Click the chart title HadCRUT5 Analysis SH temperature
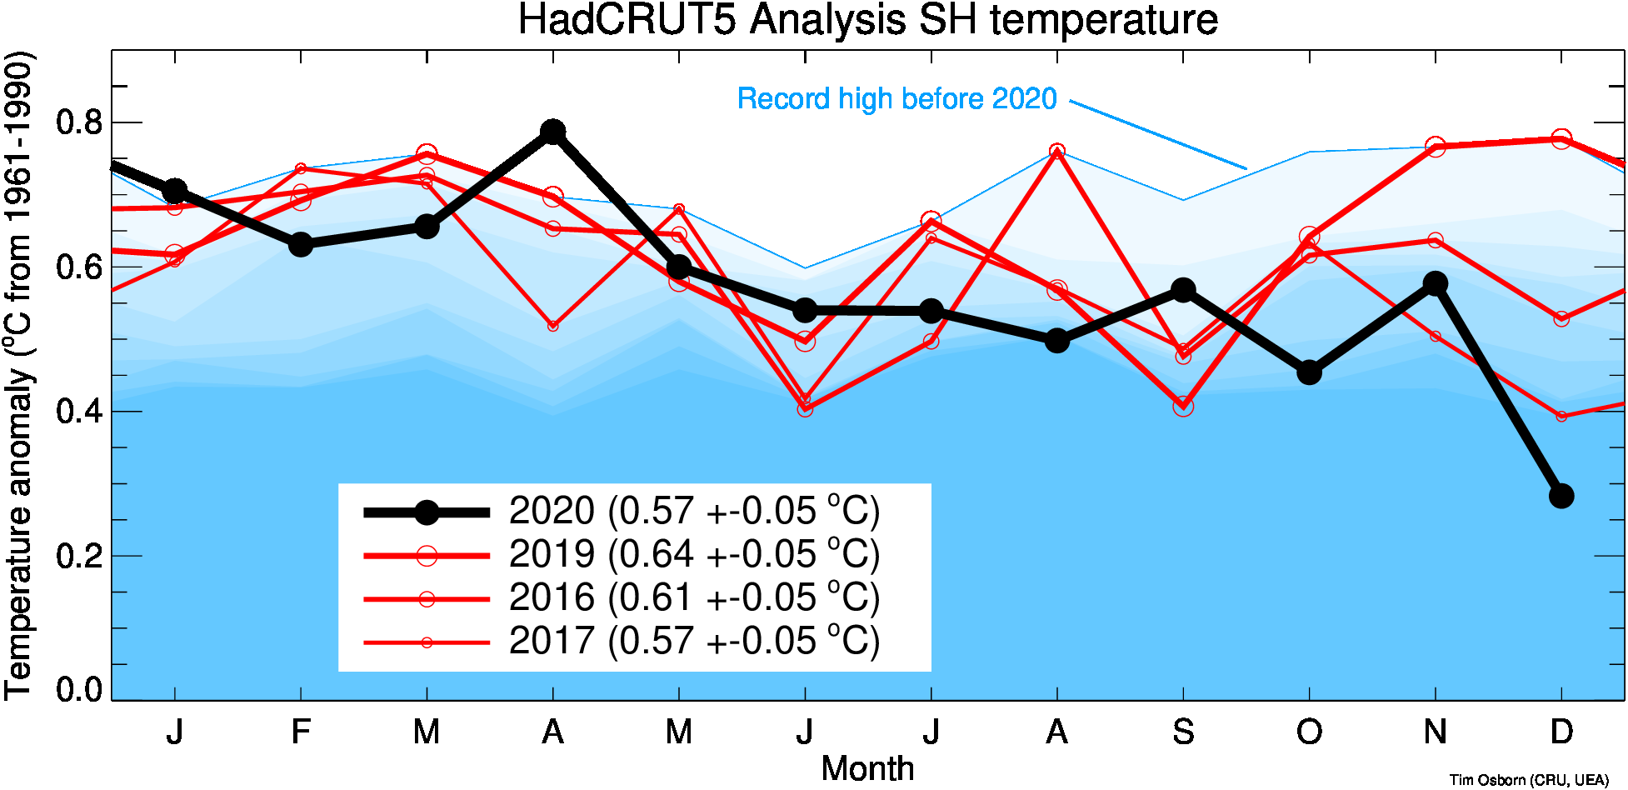867,20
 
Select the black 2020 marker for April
552,132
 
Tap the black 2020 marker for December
1561,496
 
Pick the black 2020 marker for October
1309,372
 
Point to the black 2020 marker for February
301,245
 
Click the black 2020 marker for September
1183,290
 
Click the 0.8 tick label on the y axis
78,123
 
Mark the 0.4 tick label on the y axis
78,412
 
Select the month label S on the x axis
1183,732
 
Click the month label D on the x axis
1561,732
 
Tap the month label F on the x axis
301,732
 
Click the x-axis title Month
867,768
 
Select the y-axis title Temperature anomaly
18,375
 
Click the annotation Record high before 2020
896,99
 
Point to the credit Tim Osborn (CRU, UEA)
1528,780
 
